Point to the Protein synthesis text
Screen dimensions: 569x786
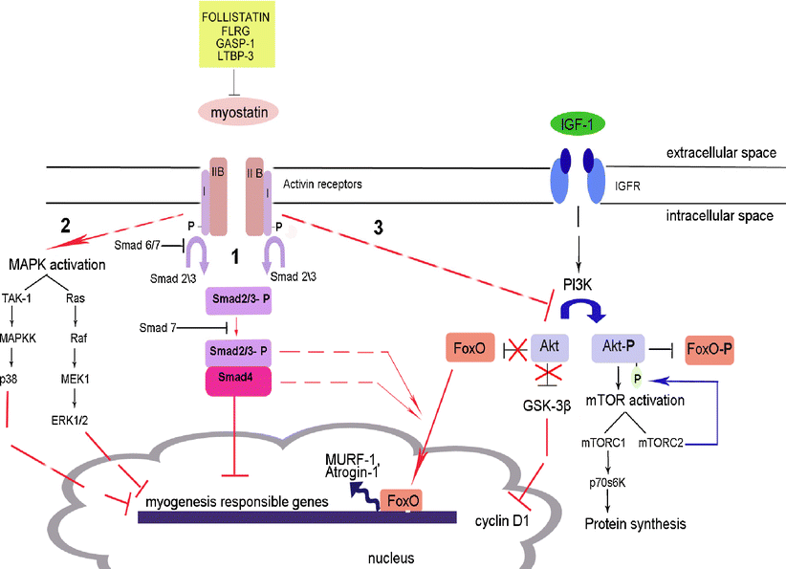coord(636,524)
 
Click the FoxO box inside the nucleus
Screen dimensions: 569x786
coord(400,499)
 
